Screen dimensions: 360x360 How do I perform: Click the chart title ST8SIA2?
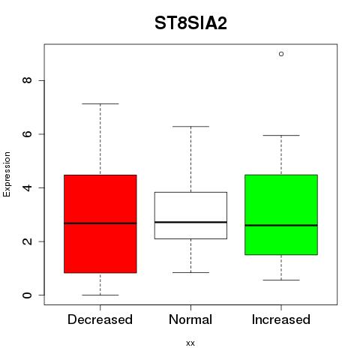tap(190, 23)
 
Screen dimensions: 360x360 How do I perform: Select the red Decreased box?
tap(100, 223)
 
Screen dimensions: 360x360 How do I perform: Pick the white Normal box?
tap(190, 215)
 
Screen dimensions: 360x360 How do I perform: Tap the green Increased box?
tap(281, 214)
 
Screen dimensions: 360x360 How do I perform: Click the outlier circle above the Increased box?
tap(281, 54)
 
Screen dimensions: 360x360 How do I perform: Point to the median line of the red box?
tap(100, 223)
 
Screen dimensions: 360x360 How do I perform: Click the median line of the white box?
tap(190, 222)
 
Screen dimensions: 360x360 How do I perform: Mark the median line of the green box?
tap(281, 225)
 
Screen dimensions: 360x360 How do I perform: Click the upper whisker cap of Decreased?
tap(100, 103)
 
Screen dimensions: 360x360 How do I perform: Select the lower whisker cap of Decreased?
tap(100, 295)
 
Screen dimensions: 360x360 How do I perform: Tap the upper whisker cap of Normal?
tap(190, 127)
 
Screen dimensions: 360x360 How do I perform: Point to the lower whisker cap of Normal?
tap(190, 272)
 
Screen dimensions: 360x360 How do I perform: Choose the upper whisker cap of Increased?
tap(281, 135)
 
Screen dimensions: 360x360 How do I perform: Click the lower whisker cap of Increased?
tap(281, 280)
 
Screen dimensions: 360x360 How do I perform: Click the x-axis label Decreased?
tap(100, 319)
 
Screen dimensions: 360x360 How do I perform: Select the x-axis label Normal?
tap(190, 319)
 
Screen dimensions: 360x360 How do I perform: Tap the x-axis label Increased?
tap(281, 319)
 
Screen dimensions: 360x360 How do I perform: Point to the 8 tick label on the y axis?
tap(27, 80)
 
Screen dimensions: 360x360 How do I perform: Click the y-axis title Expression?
tap(7, 174)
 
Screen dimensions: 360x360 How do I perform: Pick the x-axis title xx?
tap(190, 343)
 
